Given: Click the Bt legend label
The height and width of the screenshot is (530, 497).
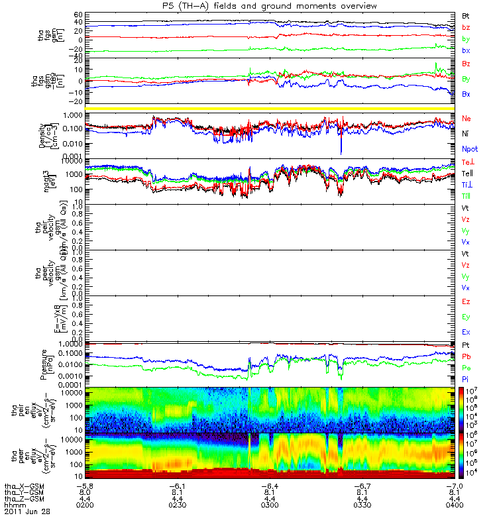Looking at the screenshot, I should coord(466,15).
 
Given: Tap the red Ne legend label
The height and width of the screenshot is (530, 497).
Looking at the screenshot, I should coord(467,118).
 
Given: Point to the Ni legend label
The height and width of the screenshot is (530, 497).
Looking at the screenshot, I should coord(466,134).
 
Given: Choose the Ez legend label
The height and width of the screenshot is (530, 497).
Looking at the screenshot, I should coord(466,301).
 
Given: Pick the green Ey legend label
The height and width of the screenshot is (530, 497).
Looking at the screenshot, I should coord(466,317).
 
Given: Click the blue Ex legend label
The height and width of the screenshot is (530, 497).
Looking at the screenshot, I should coord(466,332).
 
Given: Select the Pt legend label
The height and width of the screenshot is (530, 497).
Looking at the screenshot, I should coord(466,346).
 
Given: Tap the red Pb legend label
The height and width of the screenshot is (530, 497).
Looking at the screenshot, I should coord(466,356).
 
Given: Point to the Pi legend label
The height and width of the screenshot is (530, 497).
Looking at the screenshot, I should coord(466,378).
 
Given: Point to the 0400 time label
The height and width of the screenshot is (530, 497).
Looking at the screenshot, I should coord(452,504).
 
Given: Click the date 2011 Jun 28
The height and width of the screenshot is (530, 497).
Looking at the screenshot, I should coord(27,511).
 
